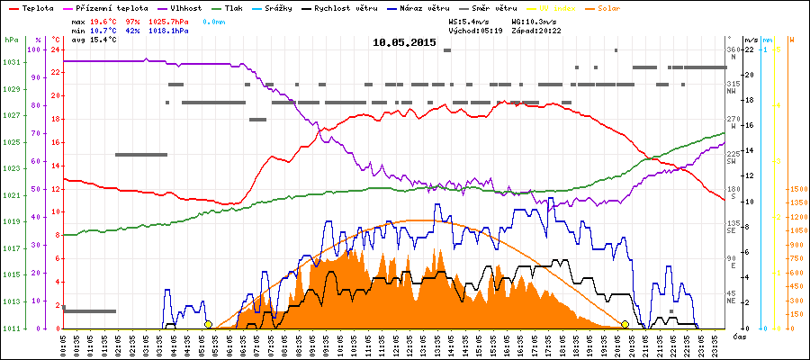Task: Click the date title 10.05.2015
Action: [x=404, y=42]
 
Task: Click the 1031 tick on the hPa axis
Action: [x=11, y=62]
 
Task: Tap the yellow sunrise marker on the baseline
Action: [x=208, y=325]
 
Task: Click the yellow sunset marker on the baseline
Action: [x=625, y=325]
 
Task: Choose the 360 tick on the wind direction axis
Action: [x=733, y=49]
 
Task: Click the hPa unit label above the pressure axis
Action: [x=11, y=40]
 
